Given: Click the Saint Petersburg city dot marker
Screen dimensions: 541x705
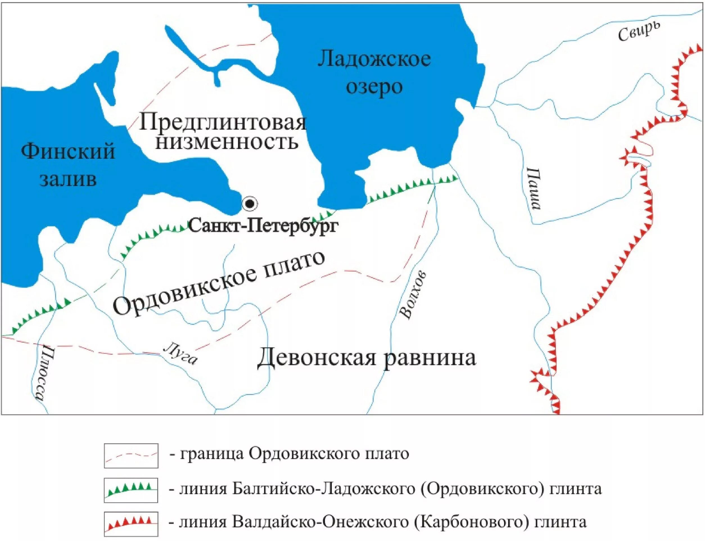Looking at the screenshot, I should (x=250, y=203).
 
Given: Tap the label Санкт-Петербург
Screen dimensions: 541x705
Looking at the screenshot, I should (x=263, y=226).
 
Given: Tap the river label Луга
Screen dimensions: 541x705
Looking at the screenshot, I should (x=180, y=353).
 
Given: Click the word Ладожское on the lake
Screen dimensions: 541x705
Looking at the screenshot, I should (x=374, y=60).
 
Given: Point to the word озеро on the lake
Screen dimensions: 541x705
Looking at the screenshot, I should (x=374, y=86).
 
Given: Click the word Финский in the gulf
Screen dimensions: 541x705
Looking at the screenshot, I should (x=68, y=151).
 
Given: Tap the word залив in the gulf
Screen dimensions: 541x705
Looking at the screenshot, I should (x=68, y=179).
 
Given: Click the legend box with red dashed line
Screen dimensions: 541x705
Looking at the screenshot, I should (x=131, y=456).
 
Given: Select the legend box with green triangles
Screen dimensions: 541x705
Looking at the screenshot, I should (x=131, y=490).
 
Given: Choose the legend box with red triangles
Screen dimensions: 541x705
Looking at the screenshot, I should (x=131, y=524).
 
